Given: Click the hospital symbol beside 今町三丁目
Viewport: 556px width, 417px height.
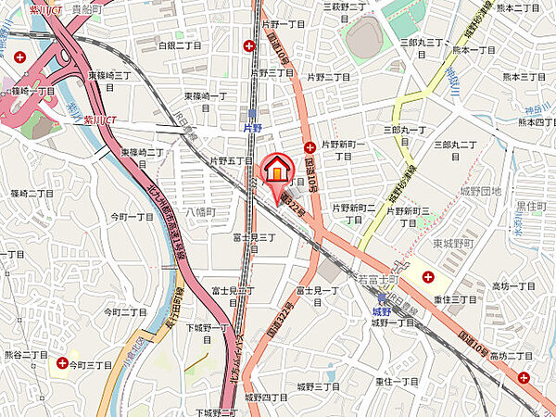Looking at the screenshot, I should point(62,364).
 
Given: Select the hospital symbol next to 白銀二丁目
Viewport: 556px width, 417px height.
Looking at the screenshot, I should point(249,45).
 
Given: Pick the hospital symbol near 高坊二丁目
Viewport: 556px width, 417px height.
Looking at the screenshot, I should point(524,377).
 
